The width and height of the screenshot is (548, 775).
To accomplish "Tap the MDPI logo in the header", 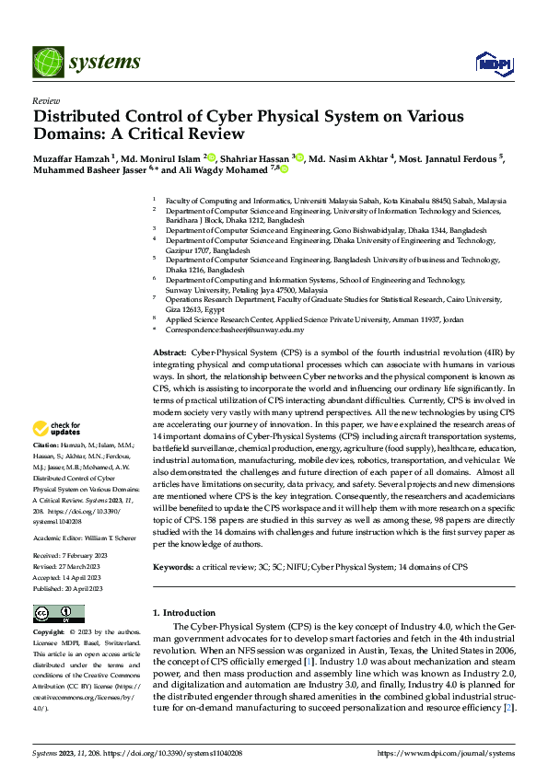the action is click(x=489, y=63).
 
